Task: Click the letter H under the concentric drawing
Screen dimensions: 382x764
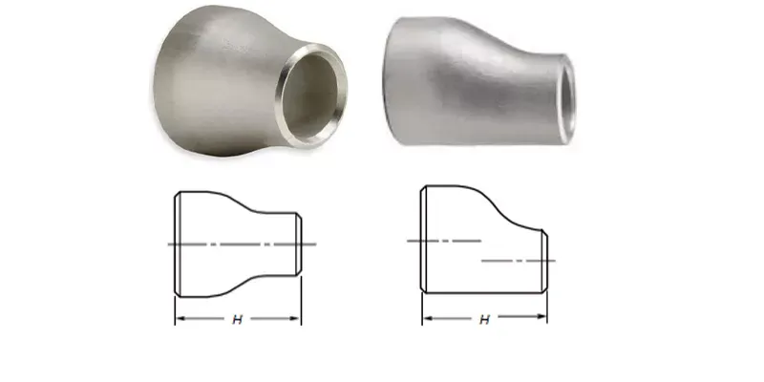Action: point(237,319)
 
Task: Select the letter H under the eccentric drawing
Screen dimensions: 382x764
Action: point(484,319)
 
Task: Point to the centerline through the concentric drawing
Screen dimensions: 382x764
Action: point(239,244)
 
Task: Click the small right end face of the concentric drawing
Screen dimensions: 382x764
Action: point(301,244)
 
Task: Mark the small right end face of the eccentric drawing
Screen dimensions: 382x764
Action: point(547,260)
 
